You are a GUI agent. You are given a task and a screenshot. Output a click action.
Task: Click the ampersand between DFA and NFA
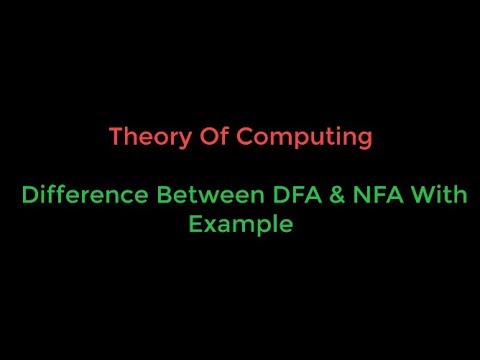(337, 195)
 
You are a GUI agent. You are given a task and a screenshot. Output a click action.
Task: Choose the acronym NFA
(380, 195)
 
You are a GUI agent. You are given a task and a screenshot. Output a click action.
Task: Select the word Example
(242, 226)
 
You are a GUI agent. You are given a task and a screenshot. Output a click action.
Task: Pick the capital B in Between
(164, 195)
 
